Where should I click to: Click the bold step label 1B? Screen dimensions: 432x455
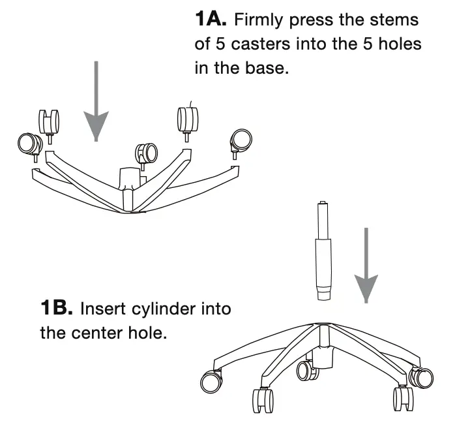coord(59,307)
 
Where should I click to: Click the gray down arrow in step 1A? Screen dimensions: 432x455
coord(96,104)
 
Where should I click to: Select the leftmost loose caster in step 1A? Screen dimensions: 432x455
coord(29,143)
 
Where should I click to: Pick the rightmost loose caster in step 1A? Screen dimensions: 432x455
coord(240,140)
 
